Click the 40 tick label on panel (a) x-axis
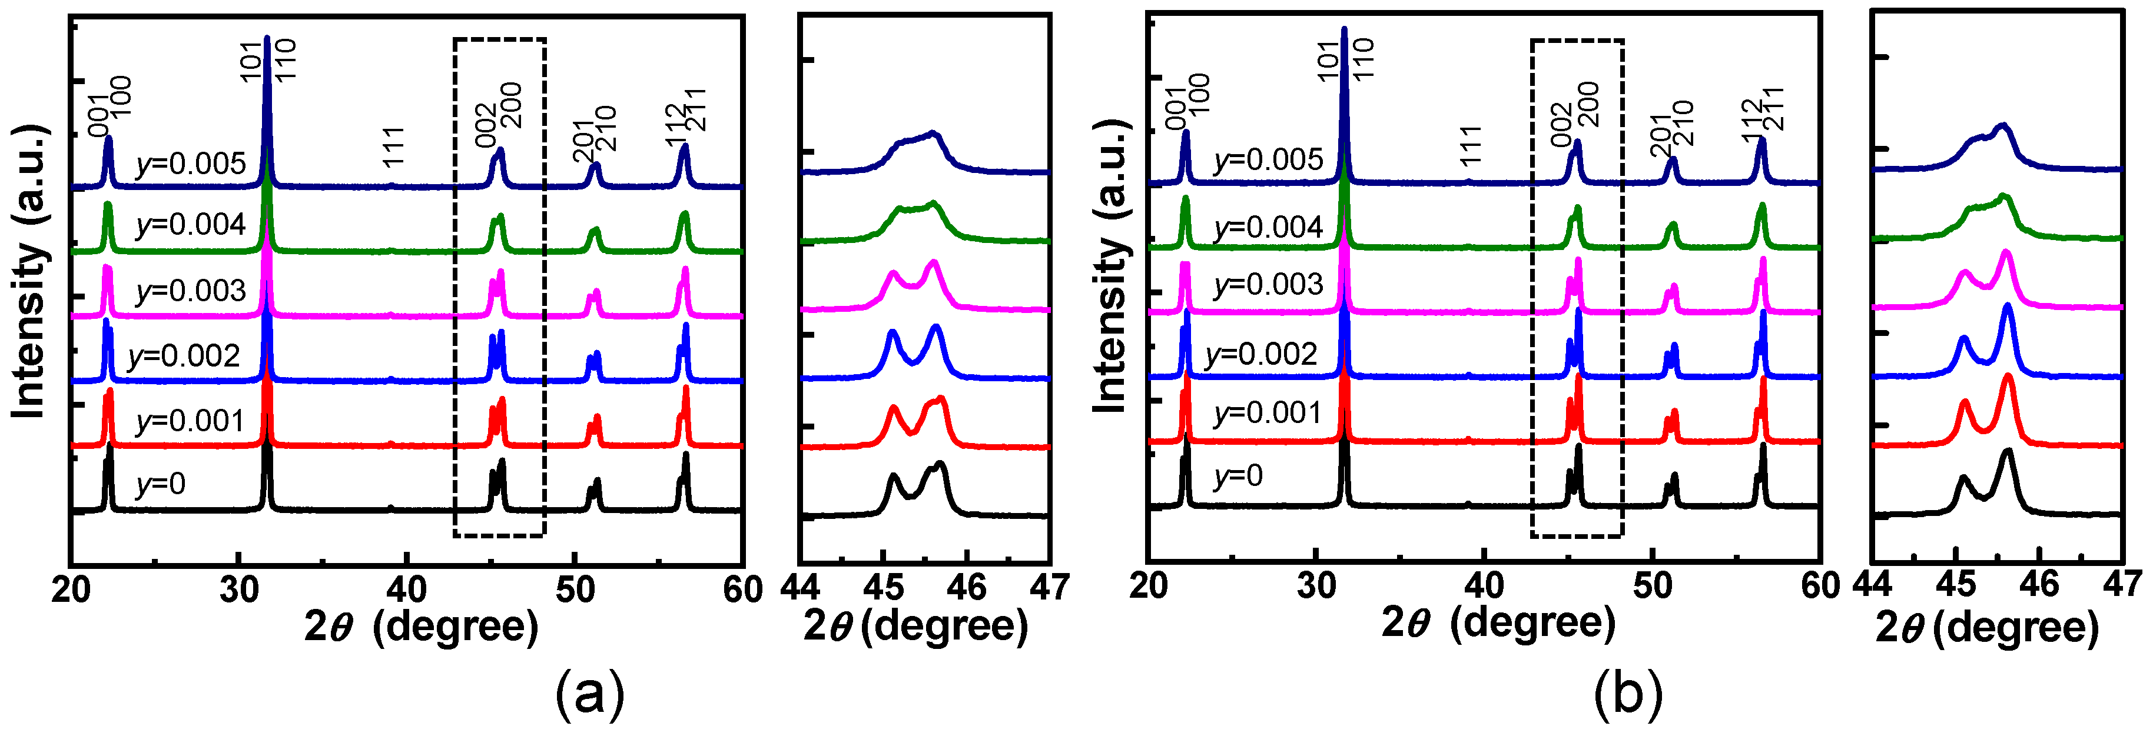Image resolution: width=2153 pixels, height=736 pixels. [407, 590]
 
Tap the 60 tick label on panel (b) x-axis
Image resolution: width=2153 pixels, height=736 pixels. [1820, 587]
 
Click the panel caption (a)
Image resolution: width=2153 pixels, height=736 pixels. [590, 692]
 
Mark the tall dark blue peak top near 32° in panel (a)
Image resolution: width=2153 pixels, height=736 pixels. [267, 38]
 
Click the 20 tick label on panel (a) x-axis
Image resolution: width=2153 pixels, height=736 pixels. [71, 590]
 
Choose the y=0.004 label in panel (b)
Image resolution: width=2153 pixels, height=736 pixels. [1268, 227]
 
